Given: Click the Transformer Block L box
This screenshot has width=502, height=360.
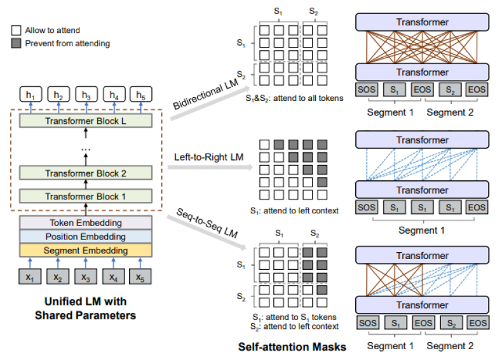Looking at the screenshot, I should tap(86, 120).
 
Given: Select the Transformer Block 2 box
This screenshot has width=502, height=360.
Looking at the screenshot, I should tap(86, 172).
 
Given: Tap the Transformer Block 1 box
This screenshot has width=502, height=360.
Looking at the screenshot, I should tap(86, 196).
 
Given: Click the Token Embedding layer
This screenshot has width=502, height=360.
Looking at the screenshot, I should tap(86, 223).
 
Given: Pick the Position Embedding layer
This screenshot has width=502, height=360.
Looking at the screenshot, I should tap(86, 237).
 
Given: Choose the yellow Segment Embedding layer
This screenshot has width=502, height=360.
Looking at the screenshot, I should tap(86, 251).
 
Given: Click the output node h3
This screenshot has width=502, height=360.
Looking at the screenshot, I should tap(86, 95).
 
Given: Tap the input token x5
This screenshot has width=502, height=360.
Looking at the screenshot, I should tap(141, 277).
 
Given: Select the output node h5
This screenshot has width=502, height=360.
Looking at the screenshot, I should tap(141, 95).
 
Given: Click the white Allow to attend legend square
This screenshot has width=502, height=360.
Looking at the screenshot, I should tap(15, 30).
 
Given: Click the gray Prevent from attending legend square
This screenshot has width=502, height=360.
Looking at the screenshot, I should tap(15, 43).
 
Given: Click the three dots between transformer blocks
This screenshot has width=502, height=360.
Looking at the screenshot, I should tap(86, 148).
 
